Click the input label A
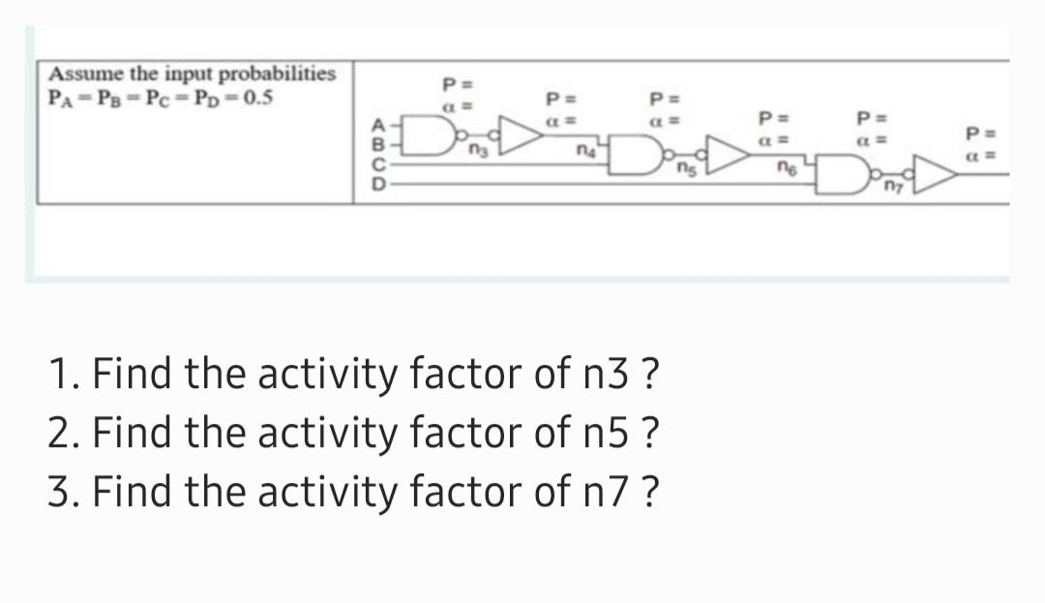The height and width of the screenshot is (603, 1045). pyautogui.click(x=379, y=124)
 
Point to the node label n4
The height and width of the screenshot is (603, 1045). pyautogui.click(x=583, y=151)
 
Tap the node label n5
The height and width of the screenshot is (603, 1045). pyautogui.click(x=684, y=171)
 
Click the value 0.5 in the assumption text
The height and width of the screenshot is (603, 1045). pyautogui.click(x=254, y=97)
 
